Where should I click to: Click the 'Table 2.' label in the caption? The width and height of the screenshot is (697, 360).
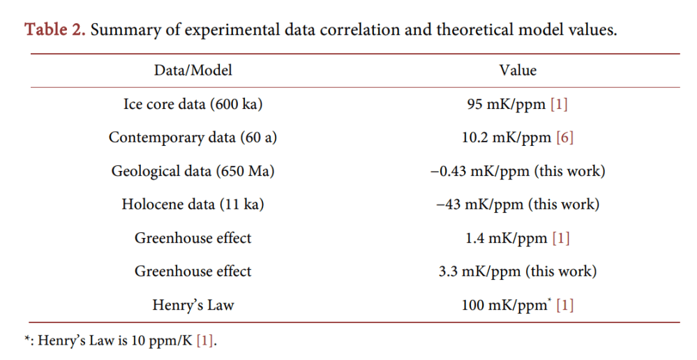pos(54,31)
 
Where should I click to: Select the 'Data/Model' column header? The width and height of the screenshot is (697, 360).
pos(193,70)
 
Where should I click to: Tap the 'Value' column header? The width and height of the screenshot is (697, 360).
pos(517,70)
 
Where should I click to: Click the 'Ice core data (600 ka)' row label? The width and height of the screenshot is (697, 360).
pos(193,104)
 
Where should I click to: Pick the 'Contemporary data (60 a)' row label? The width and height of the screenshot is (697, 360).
pos(193,137)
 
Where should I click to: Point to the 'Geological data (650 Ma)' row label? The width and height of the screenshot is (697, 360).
pos(193,171)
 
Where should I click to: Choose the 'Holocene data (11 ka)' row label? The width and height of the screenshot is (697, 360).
pos(193,204)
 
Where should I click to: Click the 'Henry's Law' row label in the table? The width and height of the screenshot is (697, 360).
pos(193,305)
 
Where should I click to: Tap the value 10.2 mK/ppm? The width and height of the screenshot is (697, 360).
pos(506,137)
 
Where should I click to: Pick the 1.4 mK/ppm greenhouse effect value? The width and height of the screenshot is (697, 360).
pos(507,238)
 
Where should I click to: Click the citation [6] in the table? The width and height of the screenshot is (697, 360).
pos(564,137)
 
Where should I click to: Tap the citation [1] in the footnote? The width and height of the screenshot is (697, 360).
pos(204,341)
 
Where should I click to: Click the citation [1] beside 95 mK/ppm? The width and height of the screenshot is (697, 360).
pos(559,104)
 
